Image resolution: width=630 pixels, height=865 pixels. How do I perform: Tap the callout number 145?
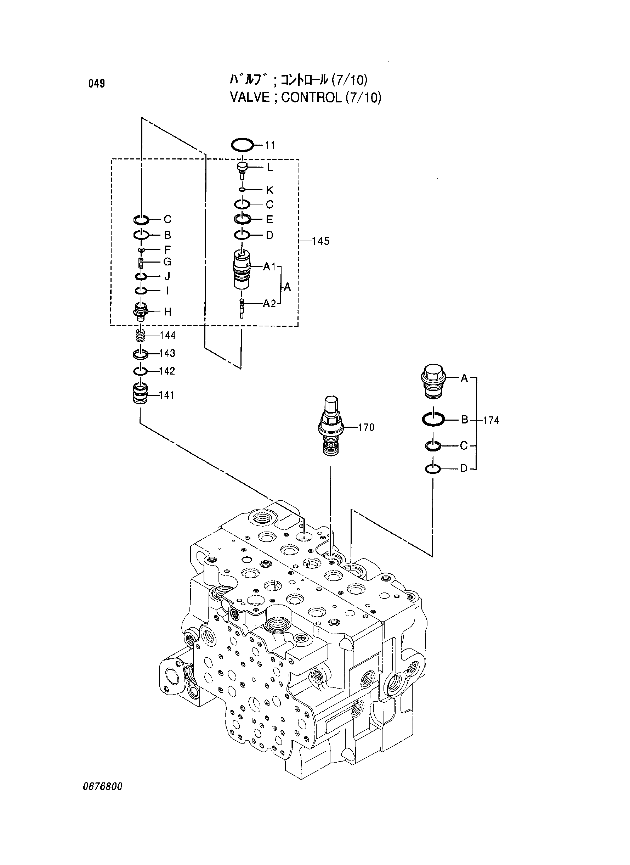pos(320,241)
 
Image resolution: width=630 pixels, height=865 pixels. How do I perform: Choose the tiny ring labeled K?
pos(242,190)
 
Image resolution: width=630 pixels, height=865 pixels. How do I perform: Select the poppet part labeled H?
pos(141,311)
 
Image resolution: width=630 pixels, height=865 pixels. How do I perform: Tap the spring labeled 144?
pos(141,336)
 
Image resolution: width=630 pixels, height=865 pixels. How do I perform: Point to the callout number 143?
pos(167,353)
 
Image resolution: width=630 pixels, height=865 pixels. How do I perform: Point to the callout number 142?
pos(167,371)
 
